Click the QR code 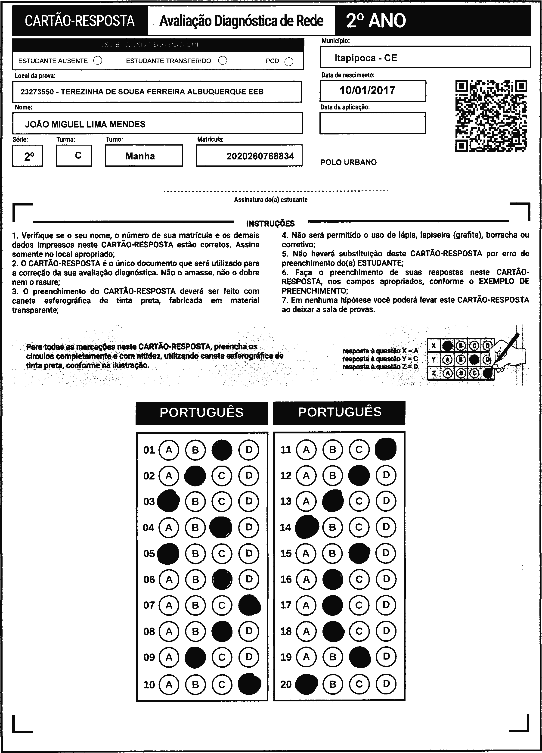pyautogui.click(x=491, y=116)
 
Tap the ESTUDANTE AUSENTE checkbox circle pyautogui.click(x=98, y=61)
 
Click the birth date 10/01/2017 pyautogui.click(x=367, y=90)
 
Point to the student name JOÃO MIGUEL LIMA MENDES pyautogui.click(x=85, y=124)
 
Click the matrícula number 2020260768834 pyautogui.click(x=260, y=156)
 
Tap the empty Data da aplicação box pyautogui.click(x=372, y=123)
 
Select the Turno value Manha pyautogui.click(x=140, y=156)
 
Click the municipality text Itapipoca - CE pyautogui.click(x=366, y=58)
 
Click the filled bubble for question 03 pyautogui.click(x=168, y=501)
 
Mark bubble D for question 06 pyautogui.click(x=249, y=579)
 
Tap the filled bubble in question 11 pyautogui.click(x=386, y=449)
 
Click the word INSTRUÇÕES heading pyautogui.click(x=270, y=224)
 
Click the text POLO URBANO pyautogui.click(x=349, y=162)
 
